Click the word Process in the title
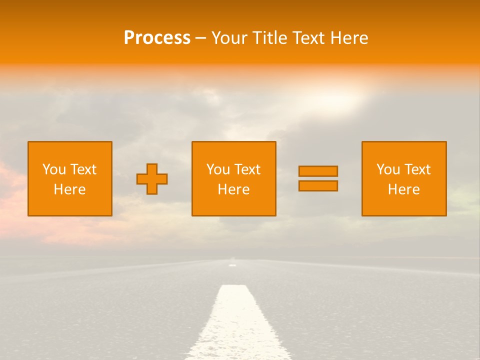(157, 38)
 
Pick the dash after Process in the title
(200, 38)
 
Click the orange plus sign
(152, 179)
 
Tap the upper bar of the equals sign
(318, 171)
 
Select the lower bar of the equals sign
(318, 185)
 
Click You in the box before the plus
(54, 169)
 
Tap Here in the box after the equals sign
(404, 189)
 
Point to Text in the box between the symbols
(247, 169)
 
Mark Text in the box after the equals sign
(417, 169)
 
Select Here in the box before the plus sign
(70, 189)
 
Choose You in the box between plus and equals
(218, 169)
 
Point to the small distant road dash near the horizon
(232, 265)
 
